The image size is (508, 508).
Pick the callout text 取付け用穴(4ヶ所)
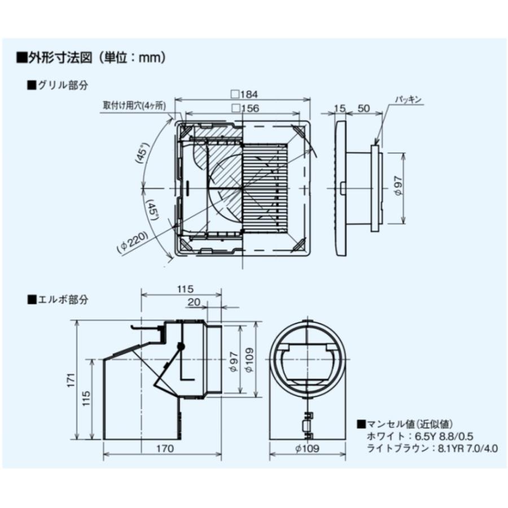point(137,105)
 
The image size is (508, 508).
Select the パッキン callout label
point(408,99)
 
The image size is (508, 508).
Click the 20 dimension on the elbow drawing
point(194,303)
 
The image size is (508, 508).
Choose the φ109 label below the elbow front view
point(307,449)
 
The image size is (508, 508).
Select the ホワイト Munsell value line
point(415,436)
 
